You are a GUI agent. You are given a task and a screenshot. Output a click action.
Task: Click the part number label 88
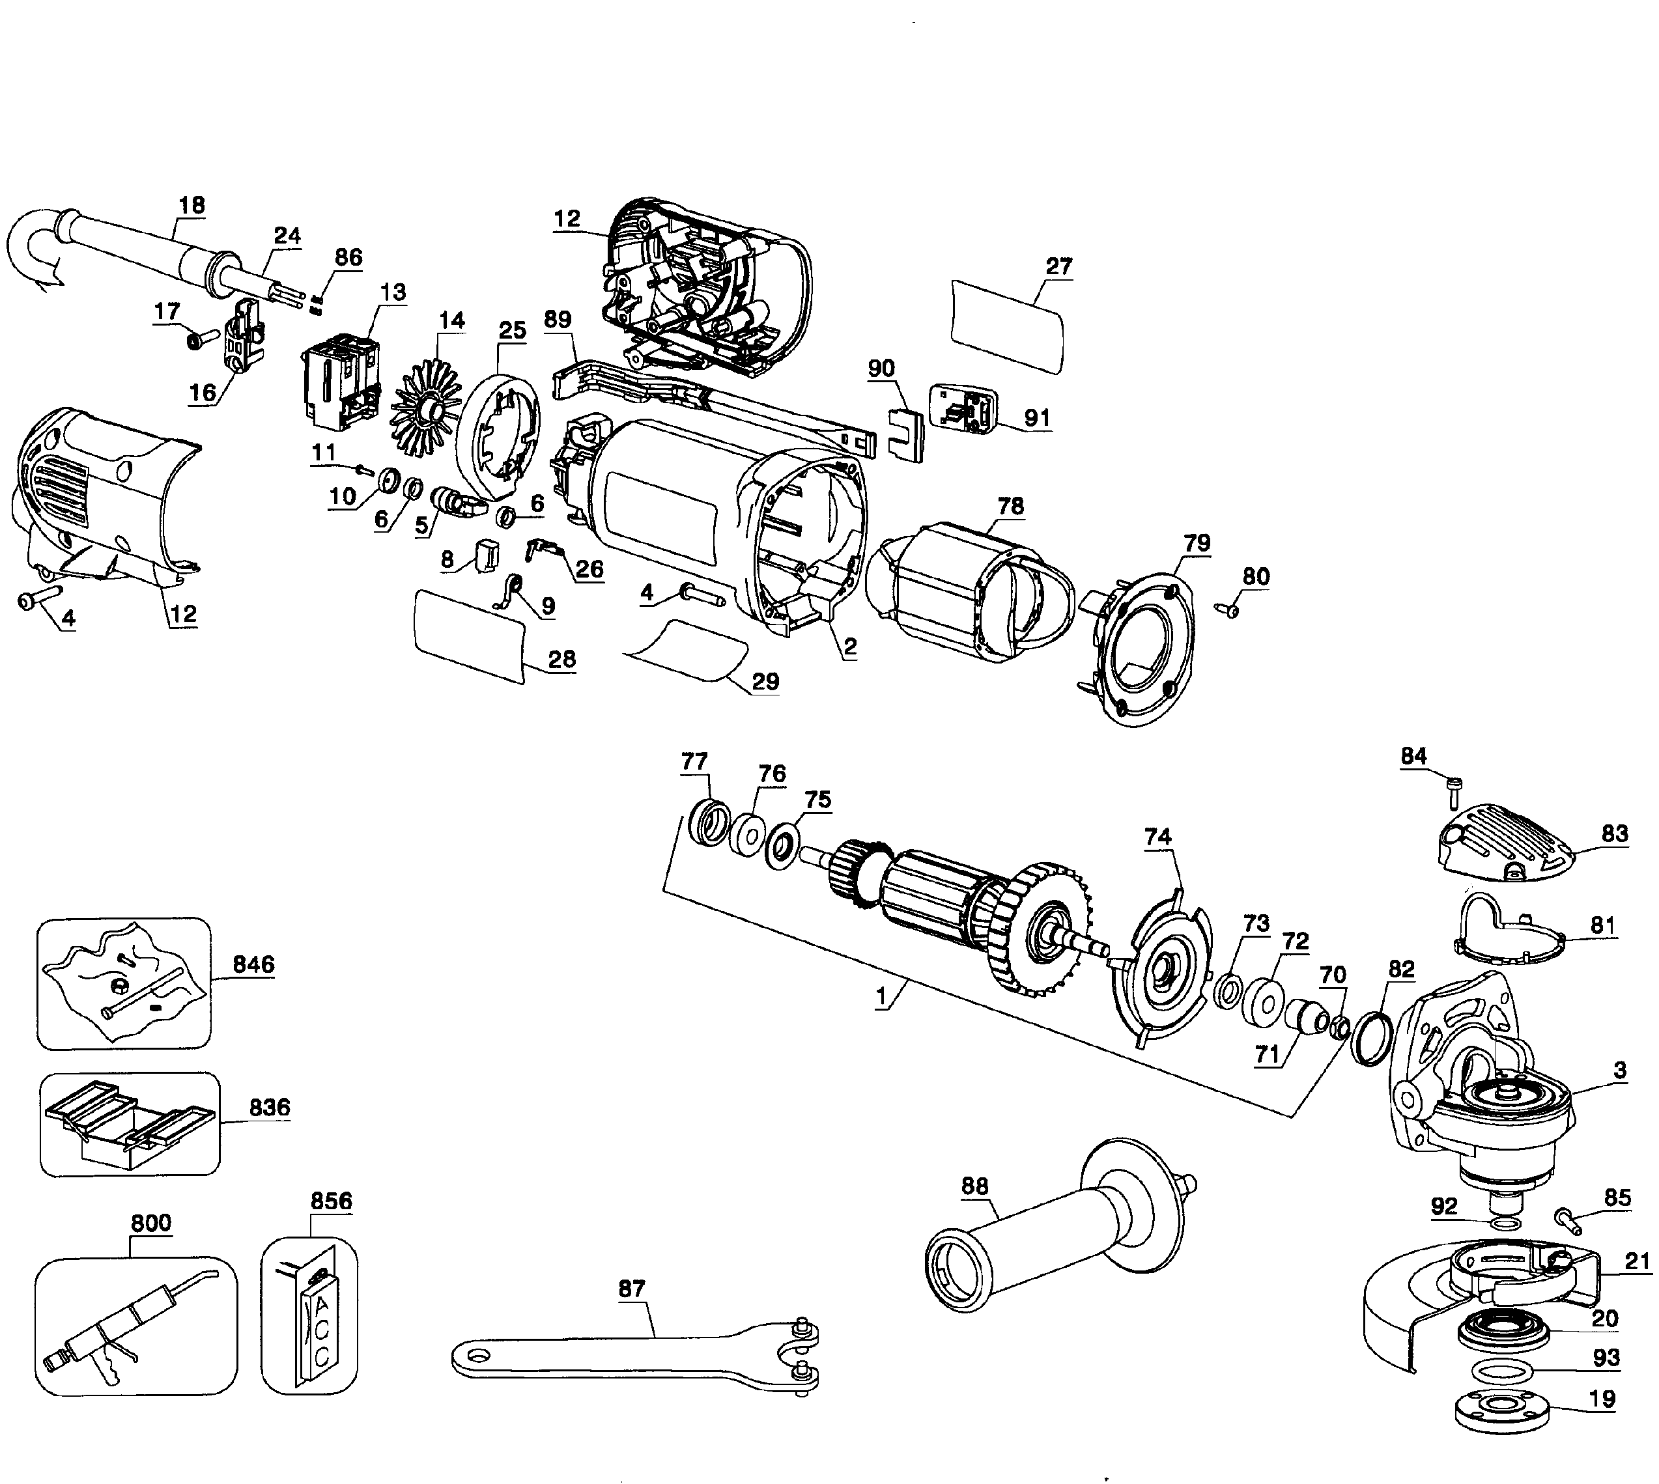tap(974, 1186)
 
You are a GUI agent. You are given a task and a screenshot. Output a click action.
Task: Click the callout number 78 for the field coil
tap(1010, 505)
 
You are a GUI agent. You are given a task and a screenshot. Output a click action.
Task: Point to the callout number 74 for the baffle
tap(1157, 837)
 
